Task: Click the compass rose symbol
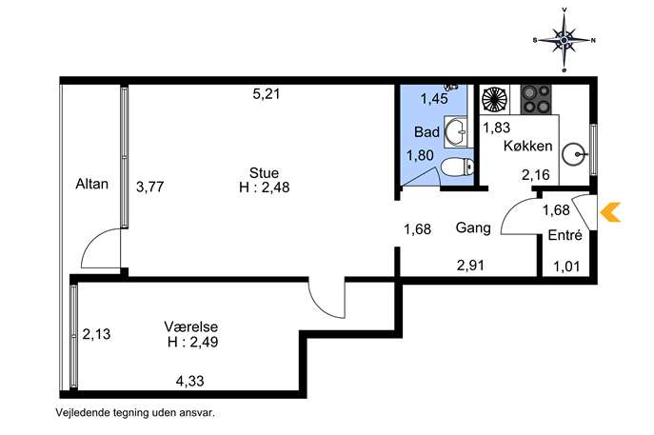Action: (x=564, y=40)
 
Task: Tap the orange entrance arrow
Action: (x=610, y=212)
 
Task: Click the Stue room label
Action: (x=264, y=172)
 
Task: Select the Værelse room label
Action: (x=191, y=326)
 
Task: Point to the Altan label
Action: (x=91, y=184)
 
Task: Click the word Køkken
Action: (x=527, y=146)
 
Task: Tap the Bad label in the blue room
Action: (x=426, y=132)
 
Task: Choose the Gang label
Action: (x=473, y=227)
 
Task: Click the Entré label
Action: (x=565, y=235)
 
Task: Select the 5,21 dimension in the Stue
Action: (x=267, y=94)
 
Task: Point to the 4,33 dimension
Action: (x=189, y=381)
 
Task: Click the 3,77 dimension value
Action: (x=150, y=187)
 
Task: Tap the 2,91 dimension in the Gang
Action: (x=470, y=266)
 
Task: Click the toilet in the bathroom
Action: (x=457, y=168)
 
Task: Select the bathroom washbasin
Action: (x=456, y=131)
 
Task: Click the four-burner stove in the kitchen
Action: (x=536, y=99)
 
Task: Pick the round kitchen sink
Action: (x=574, y=154)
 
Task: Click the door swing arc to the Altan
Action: (x=89, y=242)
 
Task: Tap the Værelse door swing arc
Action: (x=324, y=306)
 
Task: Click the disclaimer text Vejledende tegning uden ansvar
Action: (x=135, y=413)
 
